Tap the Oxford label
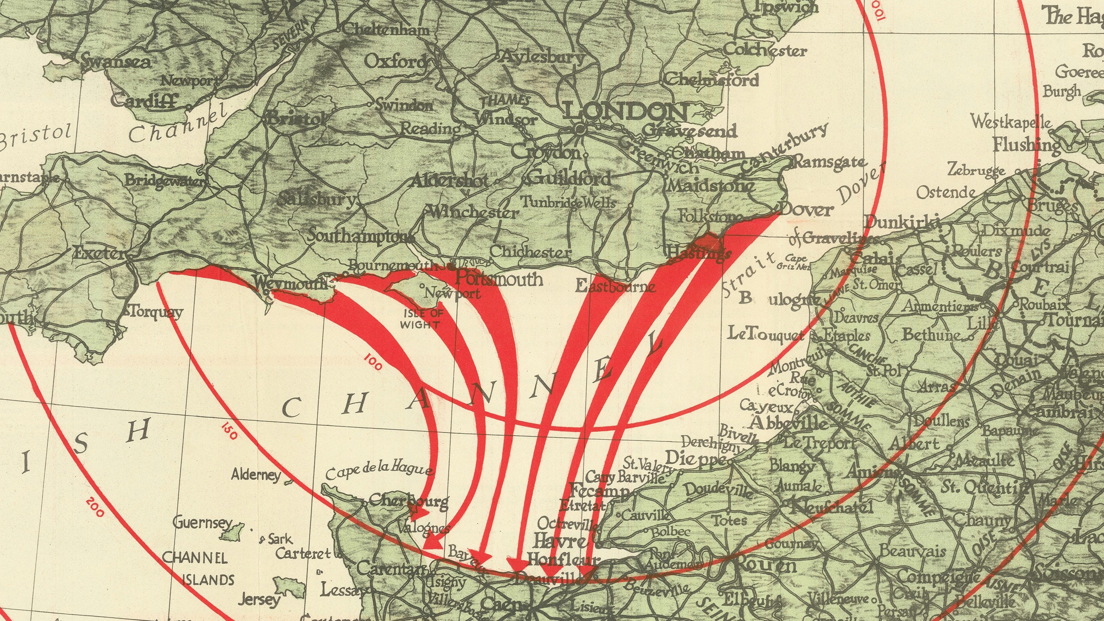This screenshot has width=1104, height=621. (395, 62)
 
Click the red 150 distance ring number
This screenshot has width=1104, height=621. (229, 431)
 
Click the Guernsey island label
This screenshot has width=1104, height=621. (202, 522)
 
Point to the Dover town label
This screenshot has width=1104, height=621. (806, 210)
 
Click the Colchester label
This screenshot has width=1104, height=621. (765, 50)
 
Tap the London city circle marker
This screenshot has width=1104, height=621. (580, 128)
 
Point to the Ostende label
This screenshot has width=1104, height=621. (946, 192)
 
